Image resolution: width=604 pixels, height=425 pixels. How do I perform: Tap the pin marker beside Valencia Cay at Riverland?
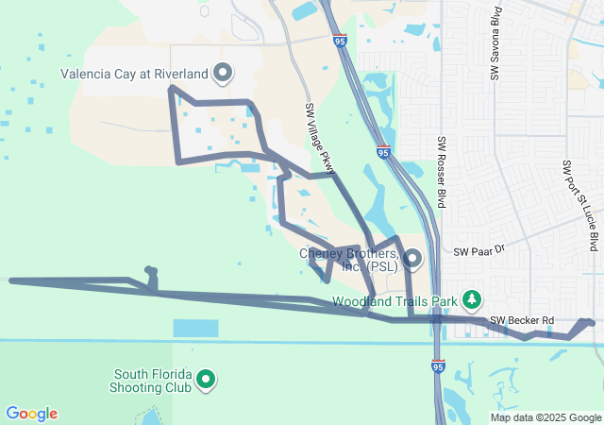click(x=224, y=72)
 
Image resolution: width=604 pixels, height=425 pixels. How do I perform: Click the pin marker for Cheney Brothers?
click(x=411, y=257)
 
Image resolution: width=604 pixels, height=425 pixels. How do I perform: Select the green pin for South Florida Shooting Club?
click(x=205, y=381)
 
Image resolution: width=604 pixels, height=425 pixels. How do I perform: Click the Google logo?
click(x=32, y=414)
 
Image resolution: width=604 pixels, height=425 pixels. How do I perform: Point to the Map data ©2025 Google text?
click(x=545, y=417)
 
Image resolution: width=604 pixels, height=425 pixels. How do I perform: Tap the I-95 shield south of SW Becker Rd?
click(x=437, y=365)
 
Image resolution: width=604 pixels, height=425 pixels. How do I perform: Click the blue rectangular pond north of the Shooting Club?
click(x=195, y=328)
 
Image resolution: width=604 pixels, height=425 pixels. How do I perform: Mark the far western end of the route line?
click(x=11, y=280)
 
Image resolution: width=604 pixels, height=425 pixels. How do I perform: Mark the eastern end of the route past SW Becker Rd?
click(x=591, y=323)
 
